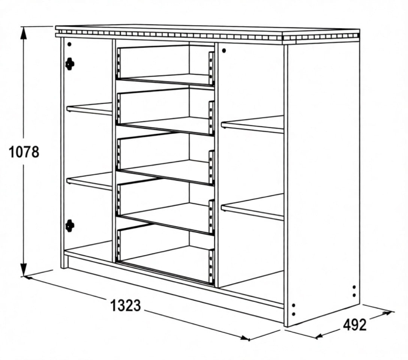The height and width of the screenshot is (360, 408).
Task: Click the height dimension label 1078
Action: [x=24, y=152]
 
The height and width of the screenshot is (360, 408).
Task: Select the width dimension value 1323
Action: [x=125, y=306]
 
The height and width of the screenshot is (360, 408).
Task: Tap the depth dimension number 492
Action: [x=355, y=325]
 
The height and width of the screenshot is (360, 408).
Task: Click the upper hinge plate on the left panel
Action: [x=70, y=64]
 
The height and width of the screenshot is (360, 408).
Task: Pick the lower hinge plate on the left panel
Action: [x=70, y=226]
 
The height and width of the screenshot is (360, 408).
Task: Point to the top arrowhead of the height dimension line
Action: [x=24, y=32]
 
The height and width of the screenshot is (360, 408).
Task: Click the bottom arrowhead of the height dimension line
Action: [x=24, y=270]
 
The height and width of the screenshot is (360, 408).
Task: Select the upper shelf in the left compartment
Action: [x=89, y=109]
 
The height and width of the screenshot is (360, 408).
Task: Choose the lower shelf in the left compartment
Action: [x=89, y=181]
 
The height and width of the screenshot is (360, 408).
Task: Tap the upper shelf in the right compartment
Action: [x=253, y=124]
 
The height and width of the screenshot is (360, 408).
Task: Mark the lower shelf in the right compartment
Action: [x=253, y=207]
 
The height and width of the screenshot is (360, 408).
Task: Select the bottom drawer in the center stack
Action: [x=166, y=254]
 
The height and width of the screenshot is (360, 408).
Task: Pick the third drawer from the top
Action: [x=166, y=159]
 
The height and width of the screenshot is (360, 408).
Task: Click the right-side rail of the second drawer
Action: [x=211, y=118]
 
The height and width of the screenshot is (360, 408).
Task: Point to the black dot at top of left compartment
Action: [x=69, y=45]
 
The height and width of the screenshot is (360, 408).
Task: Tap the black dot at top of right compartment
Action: [x=224, y=51]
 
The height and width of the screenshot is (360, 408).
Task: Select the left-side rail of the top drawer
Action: [x=119, y=63]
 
